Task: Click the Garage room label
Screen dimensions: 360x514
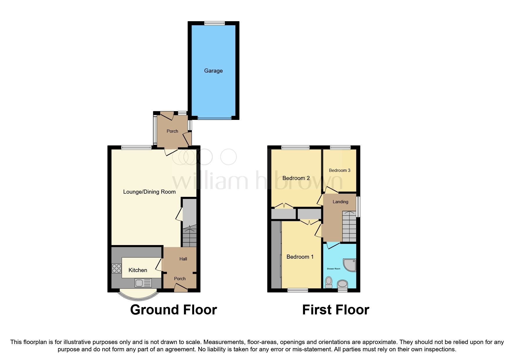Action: (x=213, y=71)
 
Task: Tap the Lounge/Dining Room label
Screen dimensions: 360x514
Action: (x=149, y=192)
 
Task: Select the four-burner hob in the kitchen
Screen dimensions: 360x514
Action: (x=116, y=268)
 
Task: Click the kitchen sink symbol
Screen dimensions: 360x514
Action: (x=143, y=283)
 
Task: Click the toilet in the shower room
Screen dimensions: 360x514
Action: (x=329, y=282)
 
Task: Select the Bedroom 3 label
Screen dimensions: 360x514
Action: (x=339, y=170)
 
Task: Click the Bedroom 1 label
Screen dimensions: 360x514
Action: (x=300, y=257)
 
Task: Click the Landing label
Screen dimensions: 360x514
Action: (x=340, y=202)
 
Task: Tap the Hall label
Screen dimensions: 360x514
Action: (x=183, y=259)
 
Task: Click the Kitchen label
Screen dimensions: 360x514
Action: (x=138, y=270)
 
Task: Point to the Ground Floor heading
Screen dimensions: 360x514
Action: (x=173, y=310)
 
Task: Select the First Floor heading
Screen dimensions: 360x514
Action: (x=336, y=310)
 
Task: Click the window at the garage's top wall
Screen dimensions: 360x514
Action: (x=214, y=24)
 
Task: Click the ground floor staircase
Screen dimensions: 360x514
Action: (x=190, y=237)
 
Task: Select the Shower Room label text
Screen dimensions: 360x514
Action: (x=333, y=269)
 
